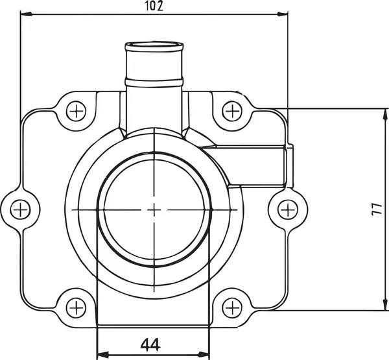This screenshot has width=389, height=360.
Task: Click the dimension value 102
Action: tap(154, 6)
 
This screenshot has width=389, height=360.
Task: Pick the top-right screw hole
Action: tap(231, 111)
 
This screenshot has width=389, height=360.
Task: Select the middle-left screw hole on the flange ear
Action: tap(21, 209)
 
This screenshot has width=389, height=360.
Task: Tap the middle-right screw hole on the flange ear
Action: tap(287, 209)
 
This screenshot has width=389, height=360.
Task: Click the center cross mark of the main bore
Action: tap(154, 209)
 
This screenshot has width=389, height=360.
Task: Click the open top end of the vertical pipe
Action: tap(153, 46)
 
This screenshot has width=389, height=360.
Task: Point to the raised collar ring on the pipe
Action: tap(153, 81)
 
